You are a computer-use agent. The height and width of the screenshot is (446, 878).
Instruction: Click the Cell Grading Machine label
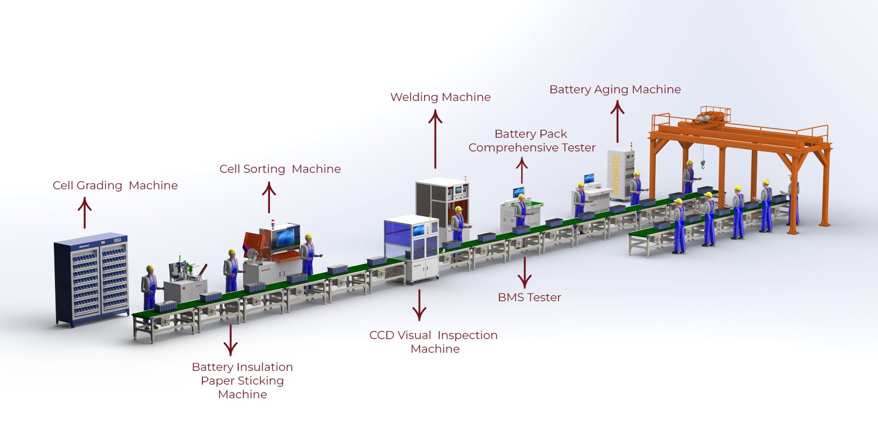(x=115, y=185)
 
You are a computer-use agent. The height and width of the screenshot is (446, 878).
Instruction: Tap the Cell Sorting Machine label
(x=280, y=169)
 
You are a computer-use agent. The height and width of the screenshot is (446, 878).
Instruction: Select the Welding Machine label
(x=440, y=97)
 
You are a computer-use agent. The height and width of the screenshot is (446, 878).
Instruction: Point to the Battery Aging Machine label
(x=615, y=89)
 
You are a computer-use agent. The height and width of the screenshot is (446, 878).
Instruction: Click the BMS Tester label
(x=529, y=297)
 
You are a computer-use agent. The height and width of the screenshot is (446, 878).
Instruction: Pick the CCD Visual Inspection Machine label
(x=434, y=342)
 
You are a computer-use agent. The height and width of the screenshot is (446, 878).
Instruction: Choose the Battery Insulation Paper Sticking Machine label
(x=242, y=380)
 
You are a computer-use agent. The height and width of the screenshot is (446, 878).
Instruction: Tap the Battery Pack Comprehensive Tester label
(x=531, y=140)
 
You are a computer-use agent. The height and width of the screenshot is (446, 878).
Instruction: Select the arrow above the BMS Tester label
(x=525, y=272)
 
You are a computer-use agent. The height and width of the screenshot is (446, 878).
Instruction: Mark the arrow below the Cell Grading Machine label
(x=85, y=213)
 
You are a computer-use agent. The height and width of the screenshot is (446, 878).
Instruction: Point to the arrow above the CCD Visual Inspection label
(x=419, y=304)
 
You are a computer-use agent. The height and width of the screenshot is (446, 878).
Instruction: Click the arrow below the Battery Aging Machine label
(x=617, y=123)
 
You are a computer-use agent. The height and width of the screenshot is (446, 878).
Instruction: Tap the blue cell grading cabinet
(x=92, y=280)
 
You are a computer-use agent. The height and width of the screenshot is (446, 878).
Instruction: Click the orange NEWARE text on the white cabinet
(x=616, y=174)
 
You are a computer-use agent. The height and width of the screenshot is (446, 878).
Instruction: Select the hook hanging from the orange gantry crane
(x=703, y=163)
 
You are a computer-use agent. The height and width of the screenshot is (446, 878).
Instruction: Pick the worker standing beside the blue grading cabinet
(x=149, y=288)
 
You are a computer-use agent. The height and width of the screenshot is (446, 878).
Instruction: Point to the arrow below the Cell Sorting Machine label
(x=269, y=197)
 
